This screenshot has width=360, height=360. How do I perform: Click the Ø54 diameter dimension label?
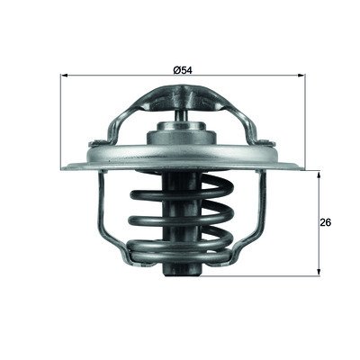point(183,70)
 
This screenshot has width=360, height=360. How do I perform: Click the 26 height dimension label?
point(326,222)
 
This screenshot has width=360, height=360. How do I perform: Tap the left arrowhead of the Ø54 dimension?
point(64,75)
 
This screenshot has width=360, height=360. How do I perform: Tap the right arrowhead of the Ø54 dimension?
point(301,75)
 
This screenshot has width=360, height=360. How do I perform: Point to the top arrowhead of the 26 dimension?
point(319,175)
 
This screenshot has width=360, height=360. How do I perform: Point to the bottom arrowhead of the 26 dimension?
point(319,272)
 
